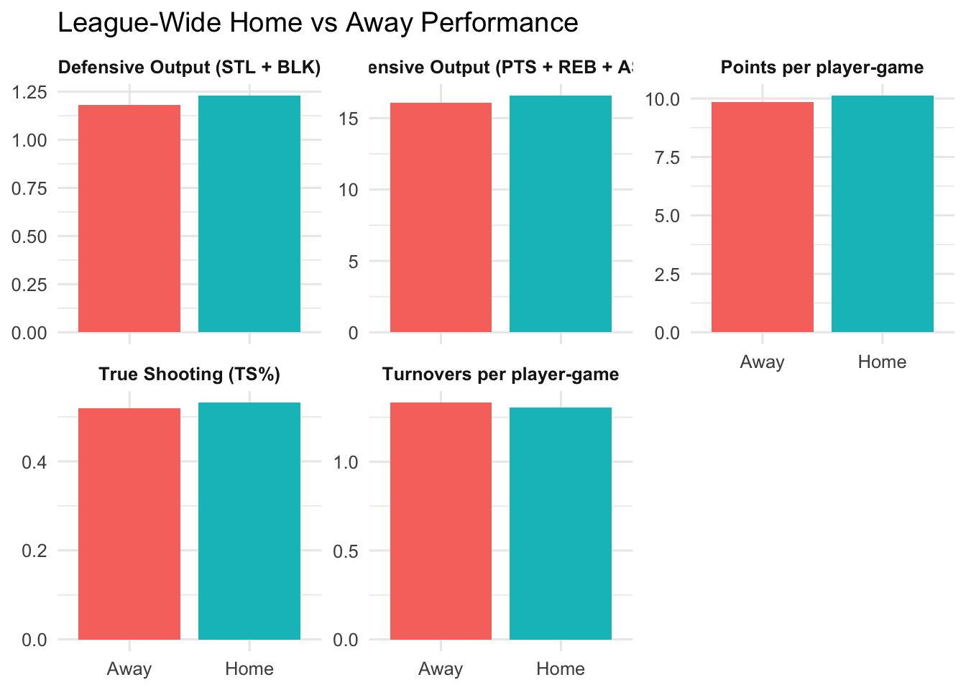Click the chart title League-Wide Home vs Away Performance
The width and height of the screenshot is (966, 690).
317,23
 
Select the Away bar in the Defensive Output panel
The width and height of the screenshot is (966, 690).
129,218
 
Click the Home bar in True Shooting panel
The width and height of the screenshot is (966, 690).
249,521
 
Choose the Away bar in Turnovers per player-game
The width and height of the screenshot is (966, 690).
441,521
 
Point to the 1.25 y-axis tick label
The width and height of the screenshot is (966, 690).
29,92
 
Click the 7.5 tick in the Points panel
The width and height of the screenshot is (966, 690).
666,157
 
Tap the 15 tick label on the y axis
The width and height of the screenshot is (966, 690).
348,119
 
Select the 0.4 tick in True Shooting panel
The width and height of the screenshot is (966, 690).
34,462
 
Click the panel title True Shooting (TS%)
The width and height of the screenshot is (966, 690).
189,374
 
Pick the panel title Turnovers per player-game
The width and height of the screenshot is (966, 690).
500,374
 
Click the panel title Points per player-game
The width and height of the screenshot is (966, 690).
822,68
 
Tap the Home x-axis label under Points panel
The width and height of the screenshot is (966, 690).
882,362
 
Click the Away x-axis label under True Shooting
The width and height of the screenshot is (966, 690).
129,669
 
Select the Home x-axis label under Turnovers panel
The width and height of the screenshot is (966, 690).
561,669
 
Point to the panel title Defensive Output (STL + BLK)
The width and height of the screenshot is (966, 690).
189,68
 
